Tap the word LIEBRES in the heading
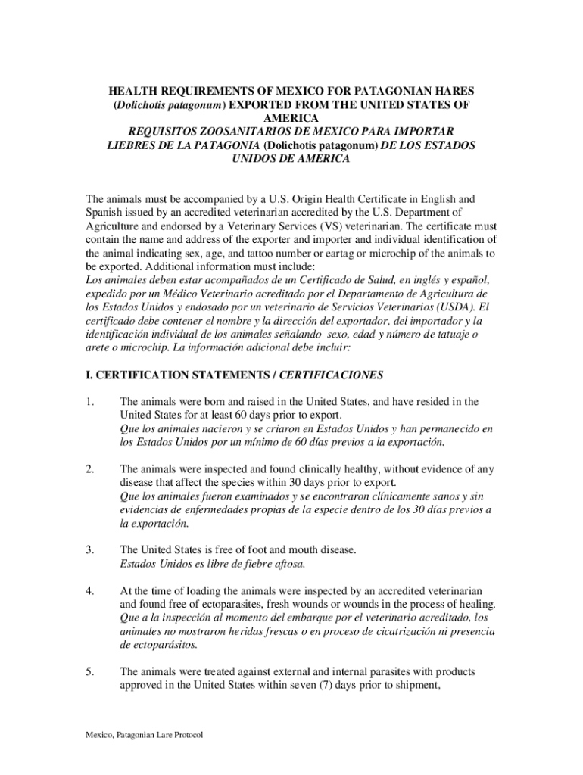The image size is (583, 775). click(132, 145)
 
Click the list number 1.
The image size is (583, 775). click(90, 402)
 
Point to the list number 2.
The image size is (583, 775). click(90, 469)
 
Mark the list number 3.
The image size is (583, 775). click(90, 549)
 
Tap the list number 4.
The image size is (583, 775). click(90, 590)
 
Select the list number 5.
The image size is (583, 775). click(90, 671)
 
